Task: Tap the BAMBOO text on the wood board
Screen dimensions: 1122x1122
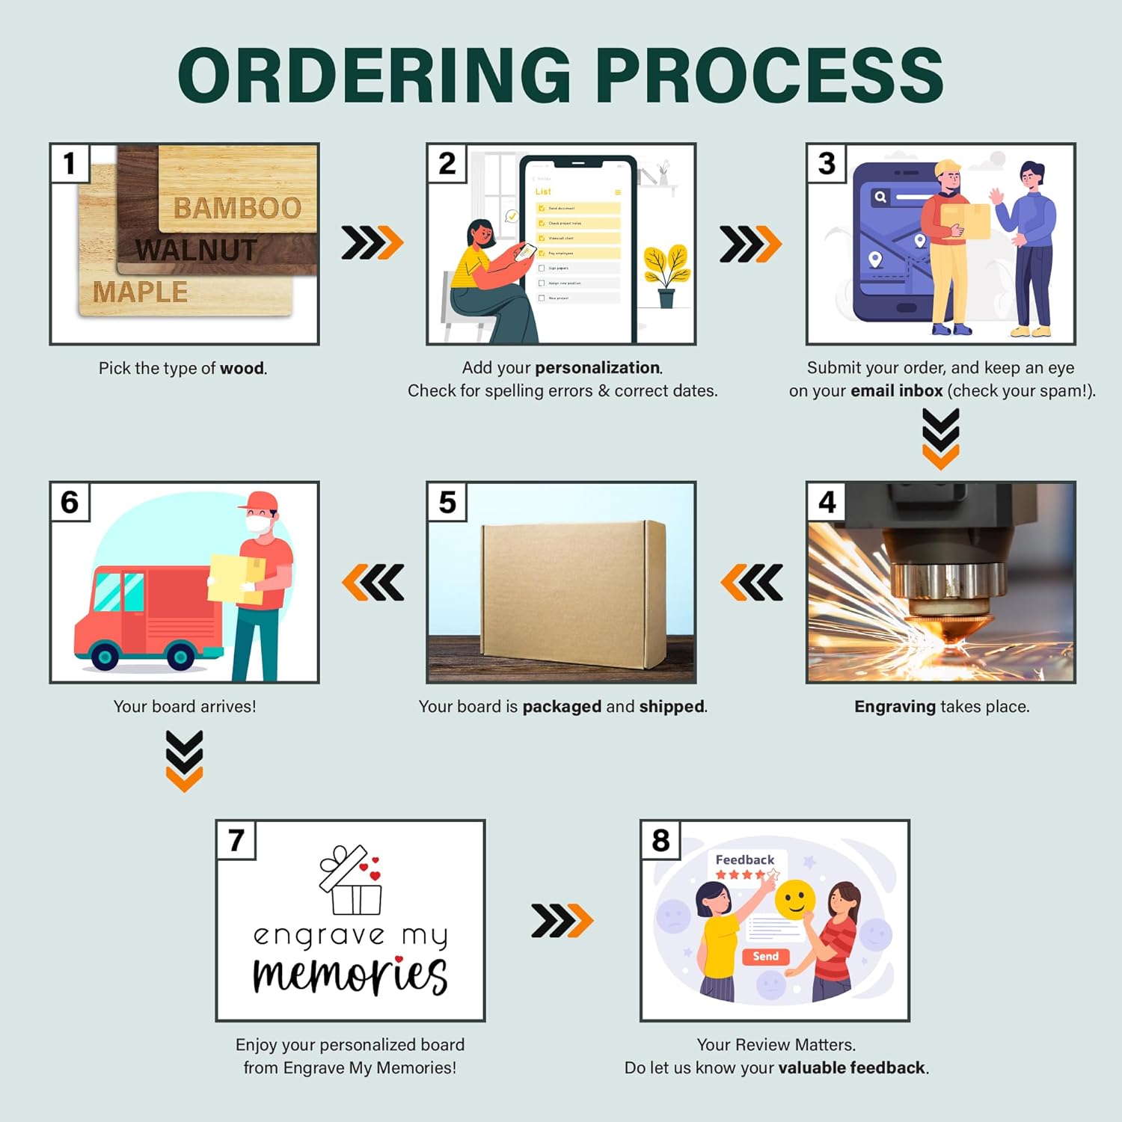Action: tap(237, 208)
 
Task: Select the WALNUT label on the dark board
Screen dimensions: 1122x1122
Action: tap(196, 250)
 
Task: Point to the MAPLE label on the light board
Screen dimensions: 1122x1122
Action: tap(140, 292)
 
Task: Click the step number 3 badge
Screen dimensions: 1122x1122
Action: tap(826, 163)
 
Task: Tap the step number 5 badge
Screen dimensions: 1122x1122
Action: tap(447, 502)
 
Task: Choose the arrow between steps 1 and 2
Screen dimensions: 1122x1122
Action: tap(372, 242)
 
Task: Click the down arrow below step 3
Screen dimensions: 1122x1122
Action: tap(940, 438)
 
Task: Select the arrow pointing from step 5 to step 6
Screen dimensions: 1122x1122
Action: tap(373, 583)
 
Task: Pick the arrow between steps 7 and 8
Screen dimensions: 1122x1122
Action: tap(562, 920)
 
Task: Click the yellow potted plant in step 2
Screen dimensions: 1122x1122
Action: tap(666, 273)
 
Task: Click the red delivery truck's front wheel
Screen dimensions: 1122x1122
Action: tap(104, 657)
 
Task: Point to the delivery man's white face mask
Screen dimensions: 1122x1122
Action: tap(259, 524)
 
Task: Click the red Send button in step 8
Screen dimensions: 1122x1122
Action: tap(765, 957)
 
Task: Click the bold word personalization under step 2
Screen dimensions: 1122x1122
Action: tap(597, 367)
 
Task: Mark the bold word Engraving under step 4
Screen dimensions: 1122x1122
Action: tap(895, 706)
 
